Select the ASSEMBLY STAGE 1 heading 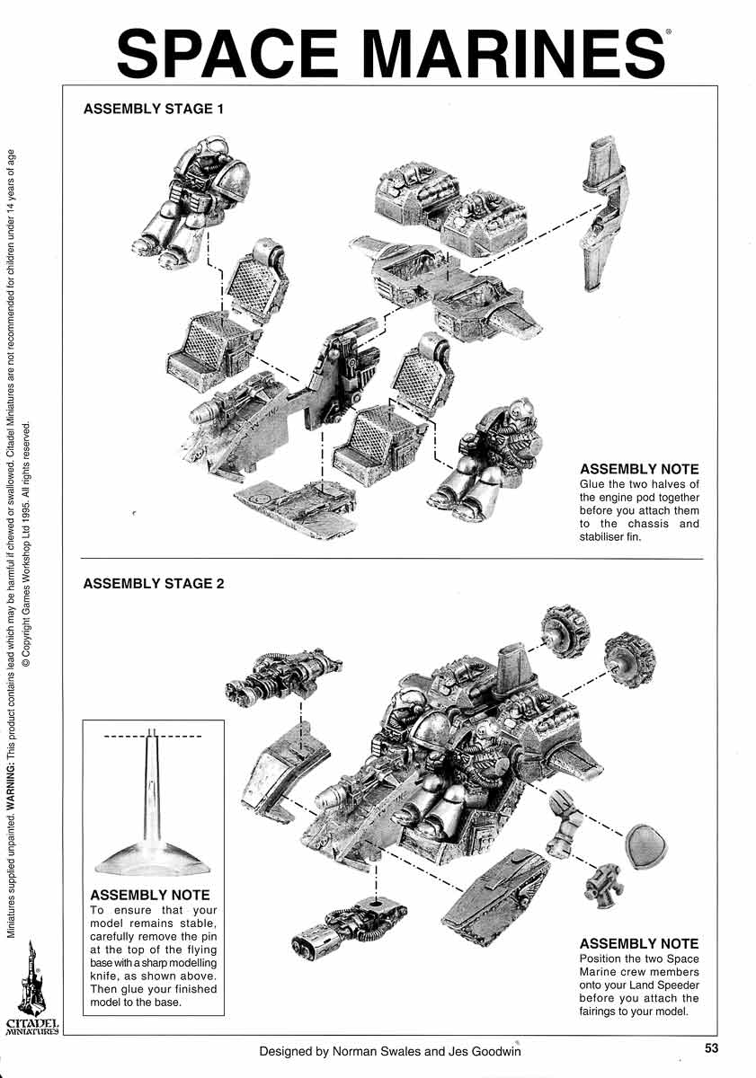pyautogui.click(x=153, y=109)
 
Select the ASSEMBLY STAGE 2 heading pyautogui.click(x=153, y=583)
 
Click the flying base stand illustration pyautogui.click(x=152, y=808)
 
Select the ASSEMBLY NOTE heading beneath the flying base pyautogui.click(x=150, y=895)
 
